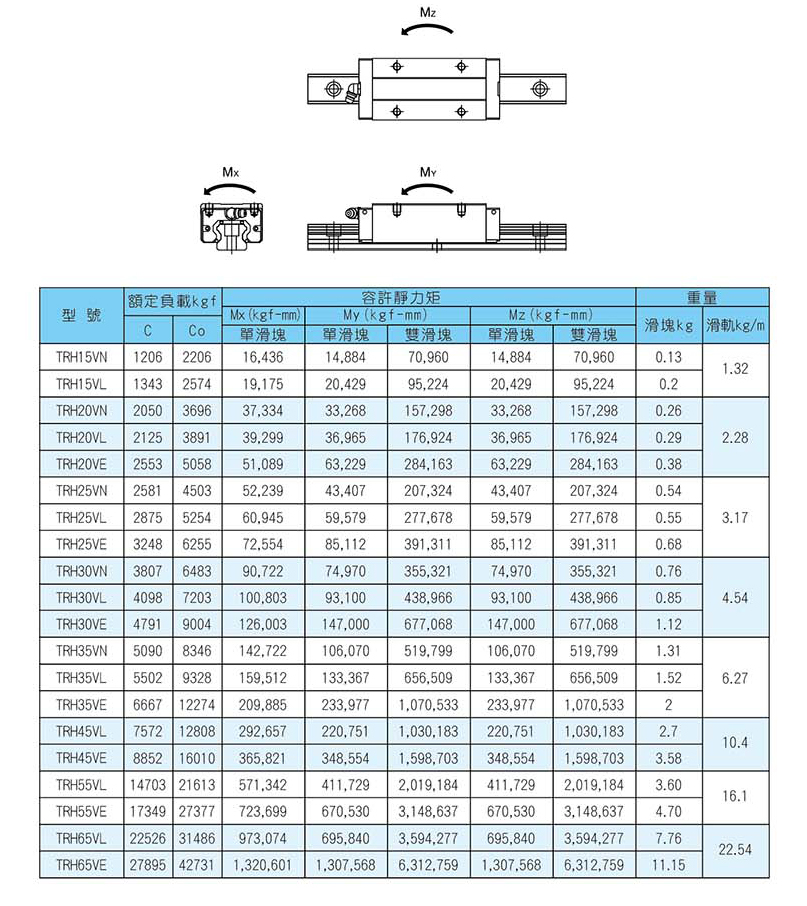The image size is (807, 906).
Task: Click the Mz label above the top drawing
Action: pos(427,12)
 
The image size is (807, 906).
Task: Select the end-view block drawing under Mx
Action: pos(230,225)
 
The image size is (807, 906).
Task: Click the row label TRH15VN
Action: pos(82,357)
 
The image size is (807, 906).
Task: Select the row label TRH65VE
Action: pos(82,865)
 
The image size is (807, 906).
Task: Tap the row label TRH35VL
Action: pos(82,678)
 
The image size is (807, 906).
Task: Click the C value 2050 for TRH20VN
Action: pos(147,411)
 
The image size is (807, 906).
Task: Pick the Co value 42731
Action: pos(196,865)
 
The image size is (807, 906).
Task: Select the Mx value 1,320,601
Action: pos(264,865)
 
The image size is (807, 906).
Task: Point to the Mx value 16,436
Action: pos(264,357)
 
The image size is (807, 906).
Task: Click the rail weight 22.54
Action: pos(735,851)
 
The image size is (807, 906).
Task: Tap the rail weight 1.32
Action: pos(735,370)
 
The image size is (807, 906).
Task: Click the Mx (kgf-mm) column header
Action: pos(264,314)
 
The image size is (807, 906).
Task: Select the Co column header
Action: pos(196,331)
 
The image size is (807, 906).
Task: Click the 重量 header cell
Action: pos(701,297)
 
